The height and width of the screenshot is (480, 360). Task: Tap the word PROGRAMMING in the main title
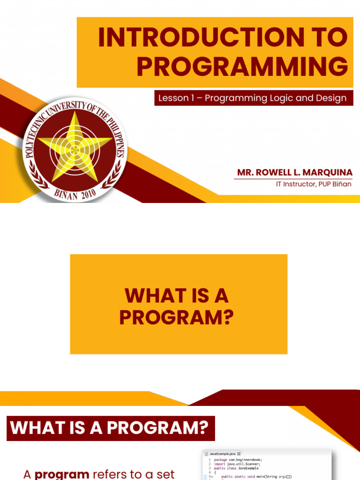pyautogui.click(x=242, y=67)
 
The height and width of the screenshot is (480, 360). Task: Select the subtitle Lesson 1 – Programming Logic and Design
pyautogui.click(x=253, y=98)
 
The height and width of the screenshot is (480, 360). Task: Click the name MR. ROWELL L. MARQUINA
pyautogui.click(x=294, y=173)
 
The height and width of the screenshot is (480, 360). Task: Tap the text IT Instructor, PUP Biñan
pyautogui.click(x=314, y=184)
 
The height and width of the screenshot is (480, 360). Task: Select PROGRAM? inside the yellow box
pyautogui.click(x=176, y=317)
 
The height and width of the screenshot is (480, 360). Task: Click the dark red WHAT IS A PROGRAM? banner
pyautogui.click(x=110, y=428)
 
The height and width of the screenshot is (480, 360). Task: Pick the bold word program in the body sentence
pyautogui.click(x=62, y=474)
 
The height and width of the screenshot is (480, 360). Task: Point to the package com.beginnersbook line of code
pyautogui.click(x=238, y=460)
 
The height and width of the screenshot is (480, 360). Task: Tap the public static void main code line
pyautogui.click(x=256, y=476)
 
